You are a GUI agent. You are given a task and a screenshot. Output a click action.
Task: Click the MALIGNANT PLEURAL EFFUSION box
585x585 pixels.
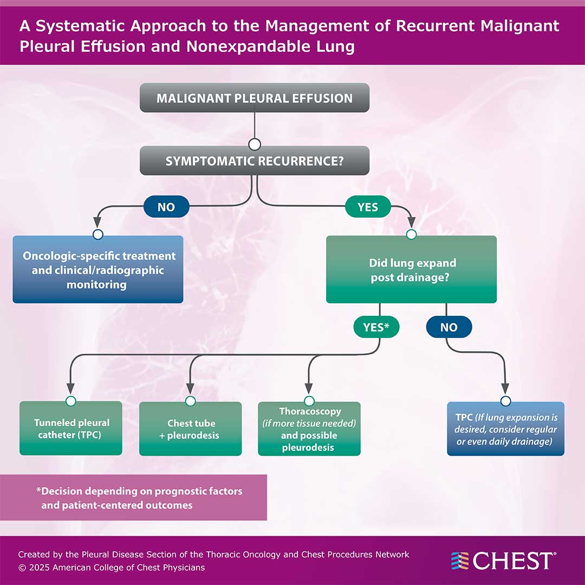[255, 98]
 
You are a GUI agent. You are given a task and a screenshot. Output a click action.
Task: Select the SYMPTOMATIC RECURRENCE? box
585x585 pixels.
[255, 161]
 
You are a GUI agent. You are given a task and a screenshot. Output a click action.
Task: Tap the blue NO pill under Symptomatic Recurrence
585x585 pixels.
[166, 207]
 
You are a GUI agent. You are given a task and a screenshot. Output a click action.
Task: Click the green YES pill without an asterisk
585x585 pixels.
[368, 207]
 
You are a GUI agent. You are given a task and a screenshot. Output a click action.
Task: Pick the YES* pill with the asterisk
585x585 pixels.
[376, 327]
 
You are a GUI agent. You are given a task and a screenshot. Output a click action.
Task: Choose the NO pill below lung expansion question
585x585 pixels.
[449, 327]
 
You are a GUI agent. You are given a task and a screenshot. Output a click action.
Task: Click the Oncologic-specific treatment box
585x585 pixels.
[98, 269]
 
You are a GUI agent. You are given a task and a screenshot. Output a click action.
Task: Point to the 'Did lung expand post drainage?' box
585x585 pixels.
[411, 269]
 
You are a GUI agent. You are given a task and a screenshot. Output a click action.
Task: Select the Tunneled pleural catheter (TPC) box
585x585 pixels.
[71, 428]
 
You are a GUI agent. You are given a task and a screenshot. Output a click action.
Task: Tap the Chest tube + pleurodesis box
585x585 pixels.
[191, 428]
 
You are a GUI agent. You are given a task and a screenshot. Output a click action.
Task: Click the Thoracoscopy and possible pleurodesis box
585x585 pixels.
[309, 428]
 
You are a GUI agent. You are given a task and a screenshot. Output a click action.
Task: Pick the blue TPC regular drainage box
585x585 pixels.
[506, 428]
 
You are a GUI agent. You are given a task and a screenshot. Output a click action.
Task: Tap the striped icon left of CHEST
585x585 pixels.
[460, 561]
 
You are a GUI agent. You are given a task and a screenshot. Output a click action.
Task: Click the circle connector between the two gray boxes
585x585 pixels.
[255, 145]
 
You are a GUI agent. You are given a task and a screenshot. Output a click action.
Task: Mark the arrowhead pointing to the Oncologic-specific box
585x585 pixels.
[98, 223]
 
